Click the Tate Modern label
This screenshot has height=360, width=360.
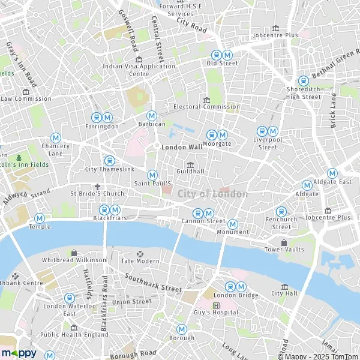pos(140,260)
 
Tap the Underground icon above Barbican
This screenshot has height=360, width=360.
pos(152,115)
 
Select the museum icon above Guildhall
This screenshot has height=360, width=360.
pos(191,165)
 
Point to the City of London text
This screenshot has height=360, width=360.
pos(212,194)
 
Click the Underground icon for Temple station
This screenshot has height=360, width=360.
pos(40,218)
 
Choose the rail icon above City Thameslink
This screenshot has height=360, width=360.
pos(110,160)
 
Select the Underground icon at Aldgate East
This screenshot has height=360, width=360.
pos(332,173)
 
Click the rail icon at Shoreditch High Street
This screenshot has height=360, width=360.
pos(304,81)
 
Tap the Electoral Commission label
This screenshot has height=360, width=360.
pos(206,107)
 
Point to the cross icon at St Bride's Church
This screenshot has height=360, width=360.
pos(97,187)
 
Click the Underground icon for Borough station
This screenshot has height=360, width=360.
pos(181,329)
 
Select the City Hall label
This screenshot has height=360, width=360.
pos(284,293)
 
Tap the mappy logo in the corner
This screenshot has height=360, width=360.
pos(19,353)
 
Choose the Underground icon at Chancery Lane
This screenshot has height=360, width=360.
pos(56,137)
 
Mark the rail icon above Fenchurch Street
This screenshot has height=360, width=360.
pos(281,211)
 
